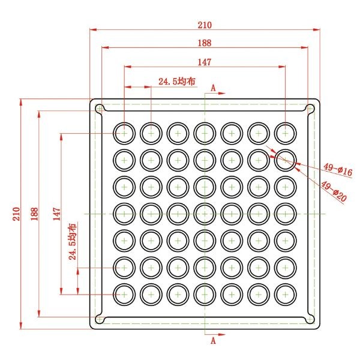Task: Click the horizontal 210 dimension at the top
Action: [x=205, y=25]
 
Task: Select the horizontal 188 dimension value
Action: [x=205, y=43]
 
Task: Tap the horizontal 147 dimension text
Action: [x=205, y=62]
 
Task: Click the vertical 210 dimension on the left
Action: [x=16, y=214]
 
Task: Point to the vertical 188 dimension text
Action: [x=34, y=214]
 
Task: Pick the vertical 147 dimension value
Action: [x=57, y=214]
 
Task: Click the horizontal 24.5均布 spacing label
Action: [x=177, y=81]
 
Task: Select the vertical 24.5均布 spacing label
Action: [x=73, y=242]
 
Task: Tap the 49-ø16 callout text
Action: [x=338, y=170]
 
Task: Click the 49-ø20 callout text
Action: [x=334, y=191]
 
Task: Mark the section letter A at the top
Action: [x=213, y=88]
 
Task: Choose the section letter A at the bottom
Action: [x=213, y=341]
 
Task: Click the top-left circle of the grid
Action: [x=124, y=133]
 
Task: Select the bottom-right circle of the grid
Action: [x=286, y=295]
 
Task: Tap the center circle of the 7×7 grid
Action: [x=205, y=214]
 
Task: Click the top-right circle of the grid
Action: [x=286, y=133]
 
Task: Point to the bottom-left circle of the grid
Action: [x=124, y=295]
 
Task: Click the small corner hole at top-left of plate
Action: [x=99, y=108]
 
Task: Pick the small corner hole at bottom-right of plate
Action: [x=310, y=319]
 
